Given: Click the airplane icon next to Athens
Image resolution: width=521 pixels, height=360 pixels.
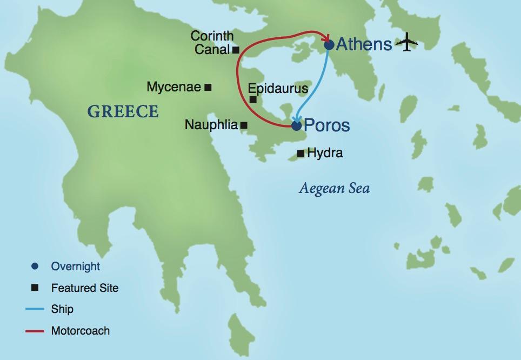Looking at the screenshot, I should (x=407, y=43).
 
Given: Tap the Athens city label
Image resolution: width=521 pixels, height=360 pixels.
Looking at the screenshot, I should (x=364, y=44).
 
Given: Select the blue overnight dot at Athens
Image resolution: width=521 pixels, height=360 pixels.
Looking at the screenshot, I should (x=329, y=45).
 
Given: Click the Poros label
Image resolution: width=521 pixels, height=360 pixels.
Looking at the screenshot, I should (x=327, y=125).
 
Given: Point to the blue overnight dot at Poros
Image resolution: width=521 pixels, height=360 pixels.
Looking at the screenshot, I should (x=296, y=125).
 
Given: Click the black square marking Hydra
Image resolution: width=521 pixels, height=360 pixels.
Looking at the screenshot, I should (x=300, y=154).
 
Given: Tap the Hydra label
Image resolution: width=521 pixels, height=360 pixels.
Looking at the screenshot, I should (x=325, y=154).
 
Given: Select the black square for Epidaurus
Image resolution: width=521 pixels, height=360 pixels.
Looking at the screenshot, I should (x=253, y=99).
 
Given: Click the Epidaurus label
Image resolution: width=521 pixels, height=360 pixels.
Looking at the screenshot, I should (x=278, y=88).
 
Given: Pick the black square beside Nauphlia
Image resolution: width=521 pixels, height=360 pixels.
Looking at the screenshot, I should (x=244, y=125).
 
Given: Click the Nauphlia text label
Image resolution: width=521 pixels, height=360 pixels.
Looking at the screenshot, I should (x=211, y=125).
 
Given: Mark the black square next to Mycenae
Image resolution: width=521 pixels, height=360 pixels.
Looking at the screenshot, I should (x=208, y=87).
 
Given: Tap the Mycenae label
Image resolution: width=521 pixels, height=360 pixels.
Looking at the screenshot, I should (x=173, y=87).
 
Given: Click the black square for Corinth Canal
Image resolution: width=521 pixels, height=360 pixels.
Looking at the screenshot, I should (x=236, y=50).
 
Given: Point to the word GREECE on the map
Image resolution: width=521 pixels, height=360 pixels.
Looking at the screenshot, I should (x=123, y=112).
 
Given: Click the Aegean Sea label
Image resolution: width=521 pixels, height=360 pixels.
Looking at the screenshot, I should (x=334, y=189).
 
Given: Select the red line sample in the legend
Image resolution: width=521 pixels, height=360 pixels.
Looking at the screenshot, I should (x=34, y=331).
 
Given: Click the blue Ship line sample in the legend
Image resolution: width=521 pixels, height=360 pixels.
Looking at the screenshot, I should (x=34, y=309).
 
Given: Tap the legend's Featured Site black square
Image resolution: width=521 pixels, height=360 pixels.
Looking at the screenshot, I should (x=35, y=288).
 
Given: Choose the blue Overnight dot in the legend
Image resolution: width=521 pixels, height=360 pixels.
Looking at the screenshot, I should (x=35, y=266).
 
